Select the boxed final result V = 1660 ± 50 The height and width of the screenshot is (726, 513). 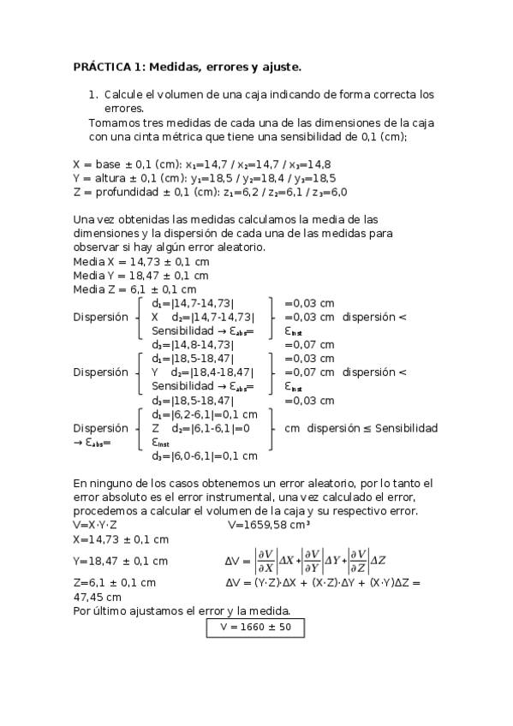(255, 627)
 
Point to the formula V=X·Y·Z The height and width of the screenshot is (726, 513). (95, 525)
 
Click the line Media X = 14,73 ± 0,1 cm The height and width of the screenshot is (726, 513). (140, 261)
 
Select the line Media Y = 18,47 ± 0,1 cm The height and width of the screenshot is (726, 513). (140, 276)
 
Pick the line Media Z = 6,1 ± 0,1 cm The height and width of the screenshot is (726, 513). (134, 289)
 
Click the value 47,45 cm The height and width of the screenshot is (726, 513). (97, 597)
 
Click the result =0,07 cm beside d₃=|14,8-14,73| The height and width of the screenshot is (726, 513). (308, 345)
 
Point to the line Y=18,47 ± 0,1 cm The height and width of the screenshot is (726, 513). (120, 561)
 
